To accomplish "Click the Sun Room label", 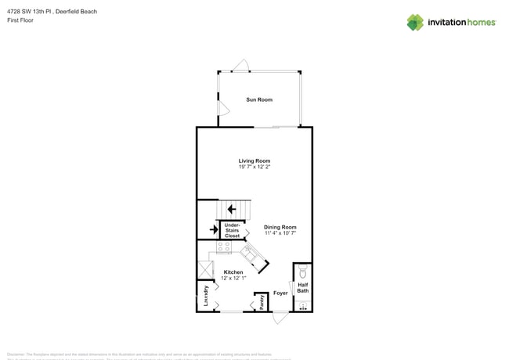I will pyautogui.click(x=259, y=99).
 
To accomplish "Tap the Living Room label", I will pyautogui.click(x=254, y=160).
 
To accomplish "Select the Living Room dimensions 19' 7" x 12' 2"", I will pyautogui.click(x=254, y=167).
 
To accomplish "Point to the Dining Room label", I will pyautogui.click(x=280, y=227).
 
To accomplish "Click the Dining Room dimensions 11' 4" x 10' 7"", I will pyautogui.click(x=280, y=233).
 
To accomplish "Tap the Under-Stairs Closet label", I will pyautogui.click(x=233, y=230).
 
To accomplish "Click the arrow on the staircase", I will pyautogui.click(x=232, y=209).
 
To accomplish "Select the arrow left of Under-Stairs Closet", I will pyautogui.click(x=214, y=230).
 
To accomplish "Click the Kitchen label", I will pyautogui.click(x=233, y=272).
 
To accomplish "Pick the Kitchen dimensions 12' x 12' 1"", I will pyautogui.click(x=233, y=278).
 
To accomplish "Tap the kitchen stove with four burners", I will pyautogui.click(x=224, y=247).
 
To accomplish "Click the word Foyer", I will pyautogui.click(x=280, y=293).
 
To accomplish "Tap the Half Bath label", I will pyautogui.click(x=303, y=288).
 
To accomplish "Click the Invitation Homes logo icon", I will pyautogui.click(x=415, y=22).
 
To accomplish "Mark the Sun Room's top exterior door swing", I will pyautogui.click(x=243, y=66).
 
